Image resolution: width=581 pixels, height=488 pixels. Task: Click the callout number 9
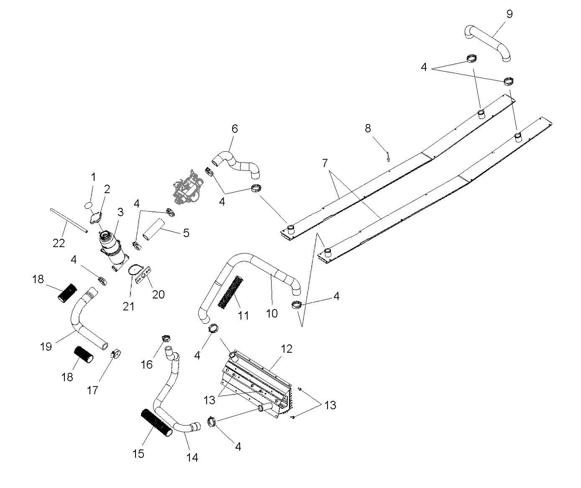pyautogui.click(x=509, y=14)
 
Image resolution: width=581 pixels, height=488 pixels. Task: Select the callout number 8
pyautogui.click(x=368, y=128)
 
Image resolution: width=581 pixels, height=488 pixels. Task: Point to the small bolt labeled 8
pyautogui.click(x=389, y=157)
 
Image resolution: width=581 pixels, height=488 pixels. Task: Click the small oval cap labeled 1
pyautogui.click(x=88, y=205)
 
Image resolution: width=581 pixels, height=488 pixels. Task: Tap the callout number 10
pyautogui.click(x=272, y=313)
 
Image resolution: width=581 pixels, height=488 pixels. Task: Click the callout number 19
pyautogui.click(x=46, y=346)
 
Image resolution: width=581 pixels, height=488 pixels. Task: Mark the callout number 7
pyautogui.click(x=325, y=163)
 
